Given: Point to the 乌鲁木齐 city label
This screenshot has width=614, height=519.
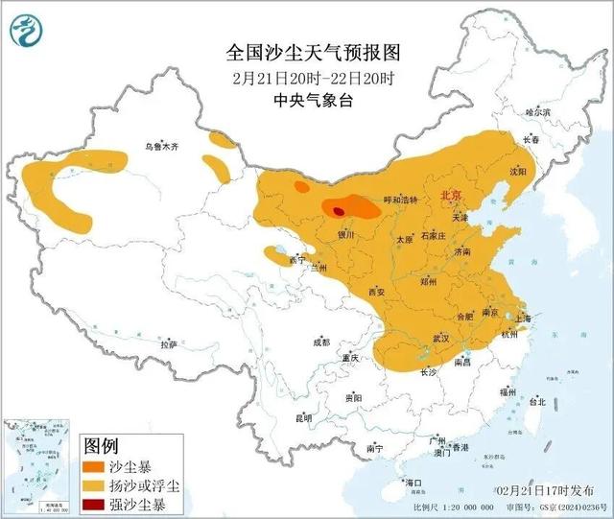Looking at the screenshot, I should click(160, 147).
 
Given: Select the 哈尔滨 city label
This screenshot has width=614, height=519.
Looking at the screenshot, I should click(538, 112).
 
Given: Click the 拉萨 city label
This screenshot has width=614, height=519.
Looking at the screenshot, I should click(169, 343).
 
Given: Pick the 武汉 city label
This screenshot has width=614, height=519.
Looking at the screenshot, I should click(441, 338).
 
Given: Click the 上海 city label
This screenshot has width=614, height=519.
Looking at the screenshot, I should click(524, 318).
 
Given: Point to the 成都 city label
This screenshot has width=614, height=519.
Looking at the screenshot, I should click(320, 342).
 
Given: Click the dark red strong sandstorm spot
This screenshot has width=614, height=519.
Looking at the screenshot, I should click(338, 211).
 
